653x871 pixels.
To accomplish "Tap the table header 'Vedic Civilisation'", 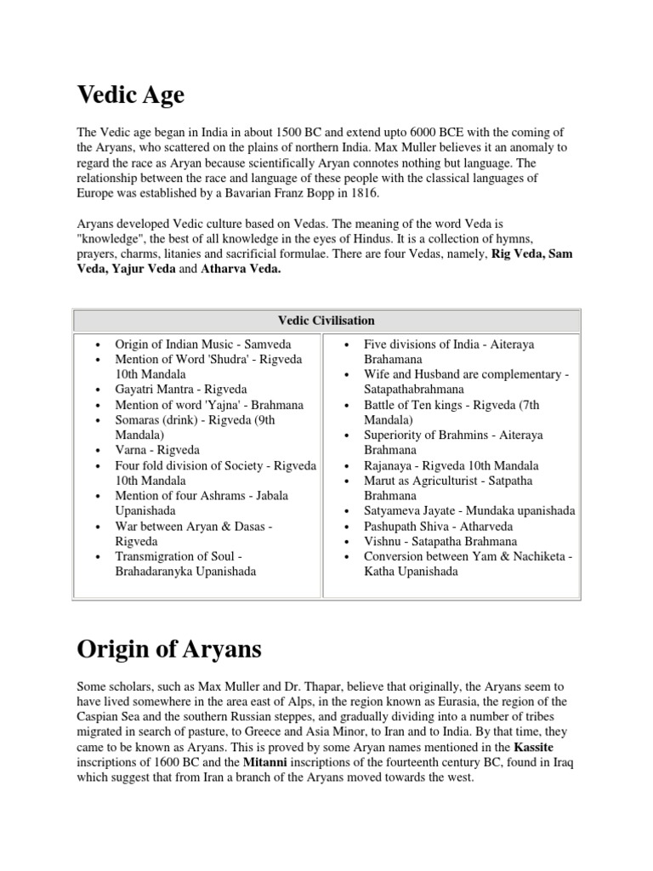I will click(326, 321).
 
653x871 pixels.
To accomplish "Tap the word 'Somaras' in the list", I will click(139, 420).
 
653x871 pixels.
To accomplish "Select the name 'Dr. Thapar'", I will click(305, 684).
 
